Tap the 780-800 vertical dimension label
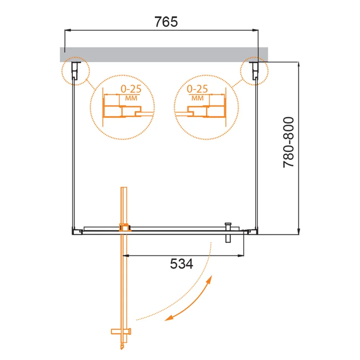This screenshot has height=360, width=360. point(288,143)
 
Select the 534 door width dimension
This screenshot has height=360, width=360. point(182,264)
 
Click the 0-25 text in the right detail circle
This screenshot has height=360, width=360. point(197,89)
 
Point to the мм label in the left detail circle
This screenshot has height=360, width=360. point(132,97)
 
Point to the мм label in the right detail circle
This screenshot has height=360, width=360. point(197,97)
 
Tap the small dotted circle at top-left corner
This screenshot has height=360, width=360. point(75,70)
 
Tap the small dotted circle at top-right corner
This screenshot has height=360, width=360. point(254,70)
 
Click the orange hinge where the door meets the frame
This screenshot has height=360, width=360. point(124,228)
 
